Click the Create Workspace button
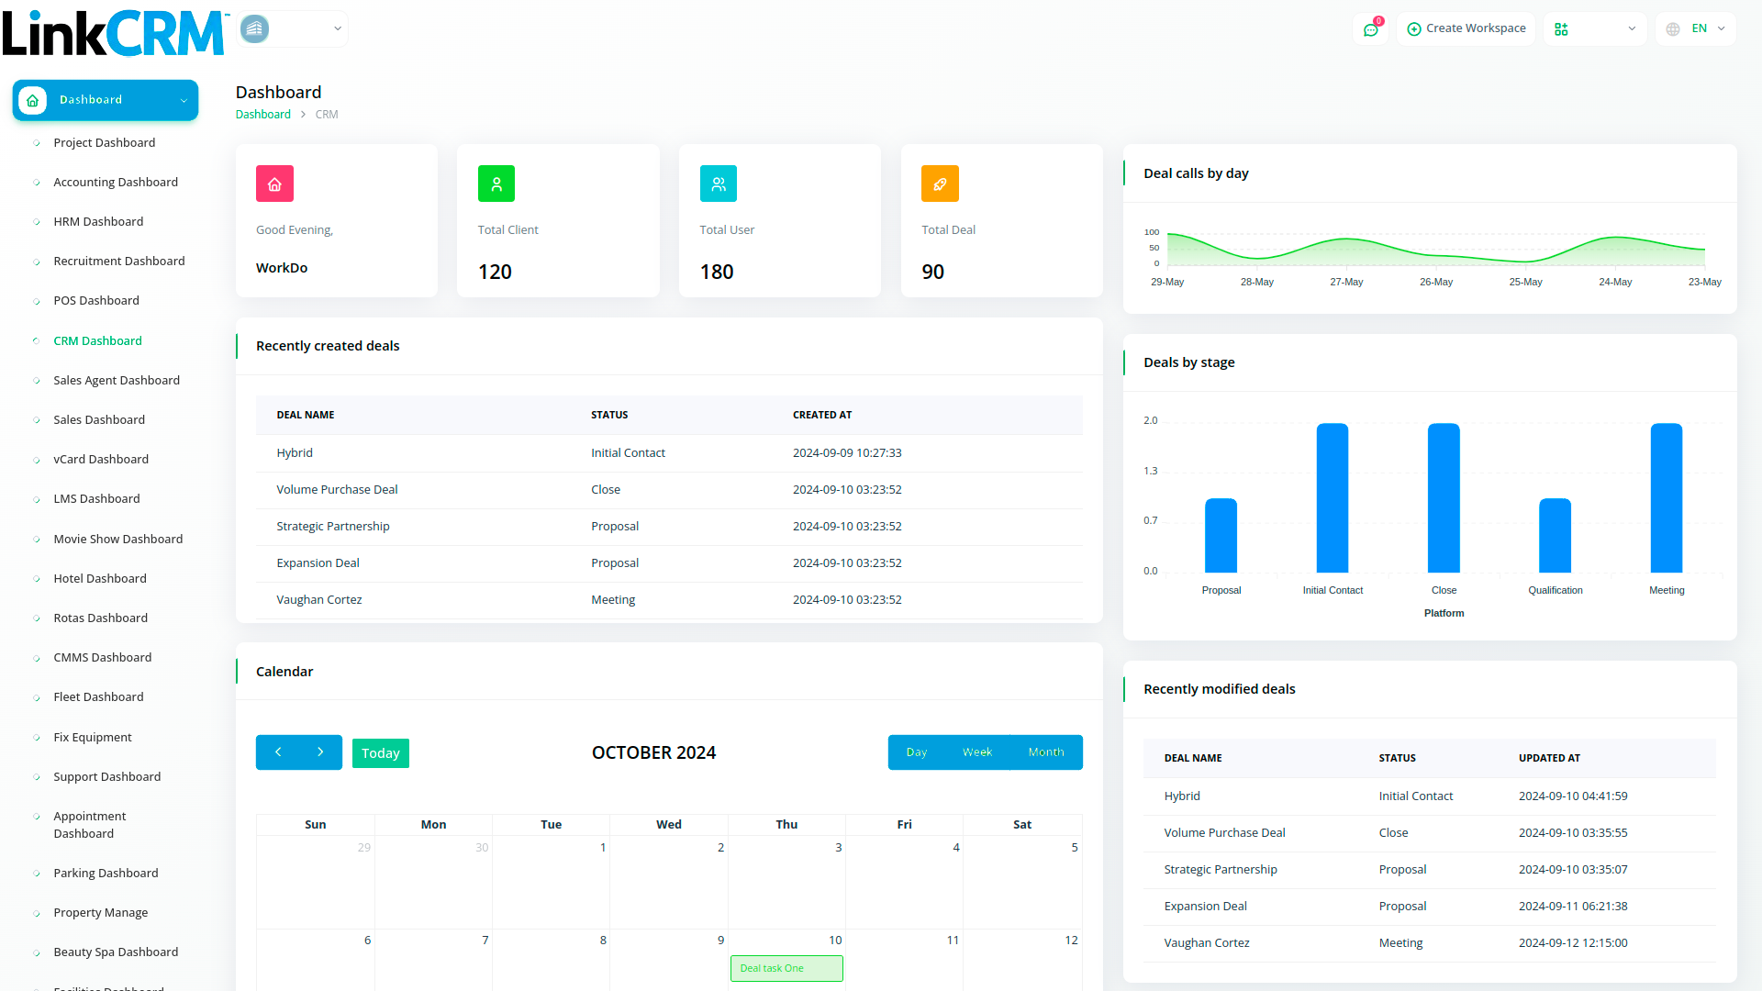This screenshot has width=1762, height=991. click(1466, 28)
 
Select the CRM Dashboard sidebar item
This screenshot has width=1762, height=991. click(97, 340)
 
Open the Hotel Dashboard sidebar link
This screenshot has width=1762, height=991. click(99, 578)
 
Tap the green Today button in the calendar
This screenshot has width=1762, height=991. click(380, 753)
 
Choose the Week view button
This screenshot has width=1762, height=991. click(976, 752)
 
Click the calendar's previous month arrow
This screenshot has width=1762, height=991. click(278, 752)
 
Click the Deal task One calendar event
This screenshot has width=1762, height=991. click(786, 968)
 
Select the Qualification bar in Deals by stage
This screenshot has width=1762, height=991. click(1555, 536)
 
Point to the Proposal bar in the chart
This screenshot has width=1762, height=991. click(1221, 536)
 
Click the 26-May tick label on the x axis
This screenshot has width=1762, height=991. click(1436, 282)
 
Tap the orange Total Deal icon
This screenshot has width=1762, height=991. click(940, 184)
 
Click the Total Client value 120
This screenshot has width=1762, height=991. click(495, 272)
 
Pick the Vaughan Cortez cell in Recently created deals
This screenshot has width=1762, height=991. click(319, 600)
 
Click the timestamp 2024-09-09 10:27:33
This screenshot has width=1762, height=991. click(847, 453)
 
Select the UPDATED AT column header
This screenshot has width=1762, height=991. click(1549, 758)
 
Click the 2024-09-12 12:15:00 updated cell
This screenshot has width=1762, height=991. click(1573, 943)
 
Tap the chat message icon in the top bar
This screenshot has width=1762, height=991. click(1371, 29)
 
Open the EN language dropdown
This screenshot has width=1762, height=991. click(1697, 28)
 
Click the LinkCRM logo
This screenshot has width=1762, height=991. click(114, 33)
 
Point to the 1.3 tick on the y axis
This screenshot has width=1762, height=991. click(1151, 471)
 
